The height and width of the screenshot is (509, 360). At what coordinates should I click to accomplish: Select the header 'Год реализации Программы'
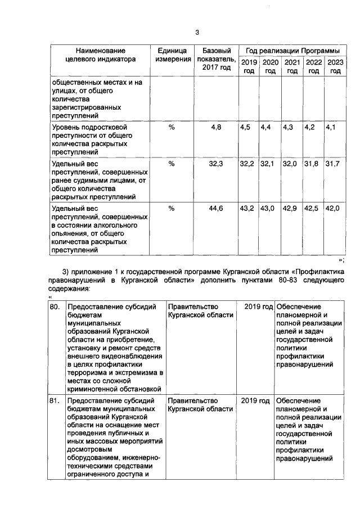291,50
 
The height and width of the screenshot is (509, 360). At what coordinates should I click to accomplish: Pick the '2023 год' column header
335,66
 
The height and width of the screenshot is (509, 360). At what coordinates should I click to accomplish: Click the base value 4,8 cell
216,128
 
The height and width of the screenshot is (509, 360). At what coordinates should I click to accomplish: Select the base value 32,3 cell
216,164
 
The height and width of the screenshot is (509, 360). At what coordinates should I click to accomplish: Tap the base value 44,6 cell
216,209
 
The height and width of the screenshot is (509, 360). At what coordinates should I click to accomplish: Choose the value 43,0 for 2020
268,209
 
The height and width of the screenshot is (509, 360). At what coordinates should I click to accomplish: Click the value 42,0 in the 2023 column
333,209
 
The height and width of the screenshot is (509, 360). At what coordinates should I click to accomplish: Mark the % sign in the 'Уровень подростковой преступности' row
172,128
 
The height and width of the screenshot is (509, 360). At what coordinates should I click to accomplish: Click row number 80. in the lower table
55,307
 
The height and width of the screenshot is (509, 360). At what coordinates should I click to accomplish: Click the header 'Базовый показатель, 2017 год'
216,58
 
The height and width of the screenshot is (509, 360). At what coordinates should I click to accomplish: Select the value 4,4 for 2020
266,128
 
